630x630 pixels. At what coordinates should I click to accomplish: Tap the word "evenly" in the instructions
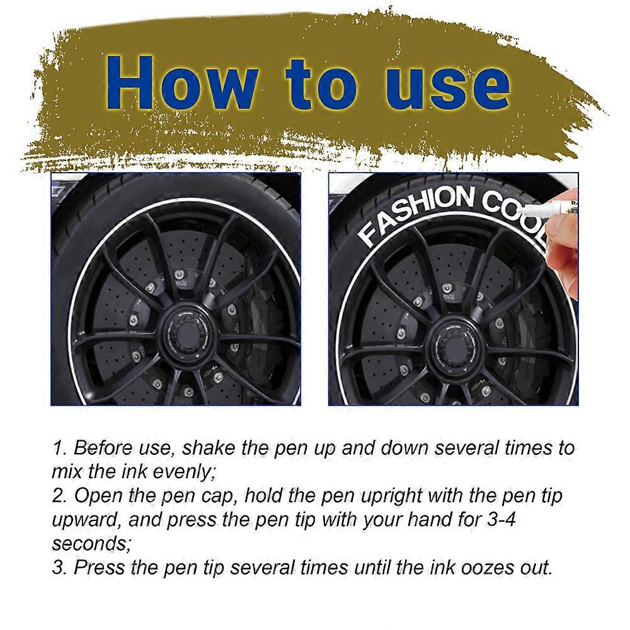[x=178, y=471]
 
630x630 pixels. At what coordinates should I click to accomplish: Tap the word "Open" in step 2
[x=100, y=495]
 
